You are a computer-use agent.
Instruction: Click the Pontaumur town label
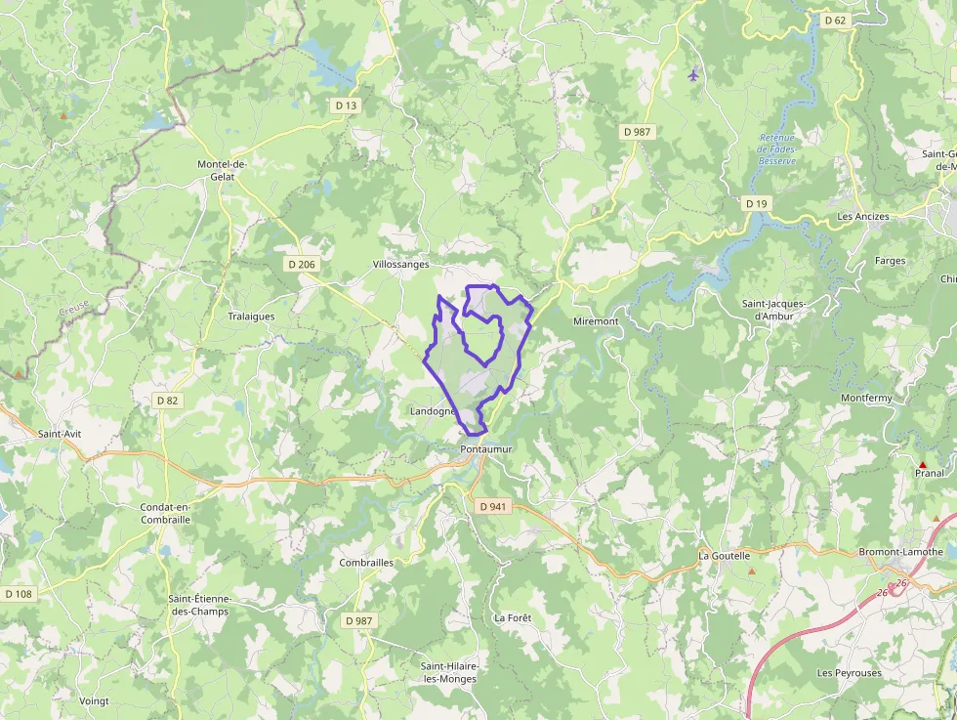pos(486,448)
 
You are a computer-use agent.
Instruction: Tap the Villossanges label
pos(401,265)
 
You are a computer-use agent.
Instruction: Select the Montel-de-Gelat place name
pos(223,171)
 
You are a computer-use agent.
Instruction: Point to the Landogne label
pos(433,412)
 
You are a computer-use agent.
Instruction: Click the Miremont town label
pos(596,321)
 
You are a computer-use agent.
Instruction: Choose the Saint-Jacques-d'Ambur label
pos(773,310)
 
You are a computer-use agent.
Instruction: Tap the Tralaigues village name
pos(251,317)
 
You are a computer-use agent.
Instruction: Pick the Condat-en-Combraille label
pos(165,514)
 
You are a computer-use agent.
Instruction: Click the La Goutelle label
pos(724,556)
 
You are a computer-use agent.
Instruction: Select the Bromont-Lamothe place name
pos(901,552)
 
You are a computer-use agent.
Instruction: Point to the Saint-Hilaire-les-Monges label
pos(450,672)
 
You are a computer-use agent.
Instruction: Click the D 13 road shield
pos(347,106)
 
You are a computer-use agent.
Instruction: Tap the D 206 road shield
pos(303,265)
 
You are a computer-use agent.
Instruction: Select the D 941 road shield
pos(493,507)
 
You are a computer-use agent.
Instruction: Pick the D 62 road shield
pos(834,20)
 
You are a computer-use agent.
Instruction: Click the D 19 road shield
pos(757,203)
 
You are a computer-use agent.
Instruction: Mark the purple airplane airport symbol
pos(693,74)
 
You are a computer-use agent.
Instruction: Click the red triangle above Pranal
pos(923,463)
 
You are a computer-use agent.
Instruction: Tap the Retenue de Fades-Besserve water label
pos(777,148)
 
